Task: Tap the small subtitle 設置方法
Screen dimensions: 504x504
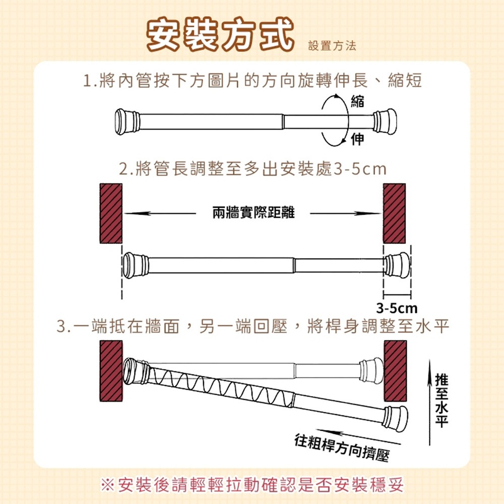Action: click(332, 46)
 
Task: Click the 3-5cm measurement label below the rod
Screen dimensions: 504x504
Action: click(397, 307)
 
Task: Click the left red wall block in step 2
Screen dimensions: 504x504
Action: click(111, 213)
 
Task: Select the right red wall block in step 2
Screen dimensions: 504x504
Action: click(395, 213)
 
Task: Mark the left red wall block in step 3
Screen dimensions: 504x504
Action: click(111, 371)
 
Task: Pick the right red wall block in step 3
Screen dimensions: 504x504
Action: click(395, 371)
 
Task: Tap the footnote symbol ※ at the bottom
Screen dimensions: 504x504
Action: click(107, 485)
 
